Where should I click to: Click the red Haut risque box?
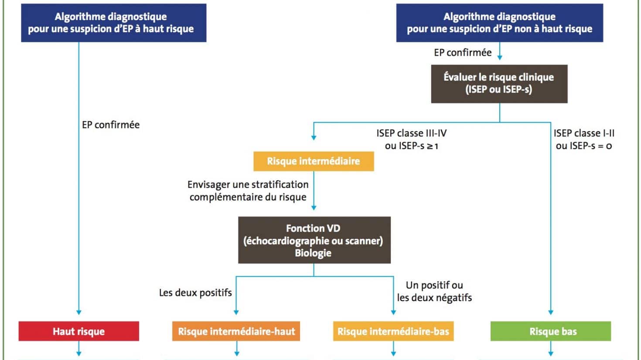(x=78, y=331)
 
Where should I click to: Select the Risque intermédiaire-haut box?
(x=236, y=331)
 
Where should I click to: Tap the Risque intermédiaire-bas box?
(x=393, y=331)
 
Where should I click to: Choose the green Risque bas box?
(x=551, y=331)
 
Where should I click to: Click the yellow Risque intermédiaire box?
(x=314, y=161)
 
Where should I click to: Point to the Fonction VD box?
(x=314, y=240)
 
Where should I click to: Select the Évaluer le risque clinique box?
(x=499, y=84)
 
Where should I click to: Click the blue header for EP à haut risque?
(x=114, y=23)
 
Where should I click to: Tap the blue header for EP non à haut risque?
(x=500, y=23)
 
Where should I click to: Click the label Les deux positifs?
(x=195, y=293)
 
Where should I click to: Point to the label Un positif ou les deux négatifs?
(x=434, y=292)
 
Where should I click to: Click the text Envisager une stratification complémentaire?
(x=248, y=191)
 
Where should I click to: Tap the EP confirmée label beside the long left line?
(x=111, y=125)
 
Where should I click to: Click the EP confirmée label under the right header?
(x=463, y=53)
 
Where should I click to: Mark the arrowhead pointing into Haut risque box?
(x=78, y=312)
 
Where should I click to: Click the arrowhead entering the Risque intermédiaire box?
(x=314, y=138)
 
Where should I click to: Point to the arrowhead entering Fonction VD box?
(x=314, y=207)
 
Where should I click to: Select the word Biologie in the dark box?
(x=313, y=253)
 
